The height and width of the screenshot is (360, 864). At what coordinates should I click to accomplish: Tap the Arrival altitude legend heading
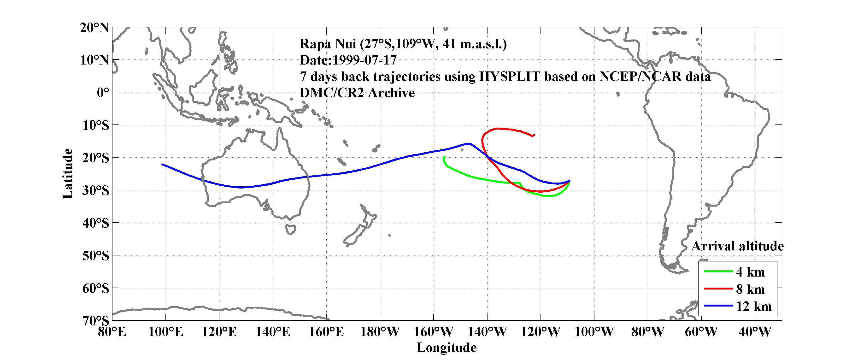coord(737,246)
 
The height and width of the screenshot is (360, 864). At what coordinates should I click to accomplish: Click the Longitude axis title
coord(447,348)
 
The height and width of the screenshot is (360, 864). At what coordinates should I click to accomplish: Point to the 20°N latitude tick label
coord(94,28)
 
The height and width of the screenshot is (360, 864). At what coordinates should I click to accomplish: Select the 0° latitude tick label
coord(103,92)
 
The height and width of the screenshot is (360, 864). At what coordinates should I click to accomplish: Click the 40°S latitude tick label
coord(96,223)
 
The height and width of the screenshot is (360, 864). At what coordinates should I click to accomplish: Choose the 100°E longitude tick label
coord(166,332)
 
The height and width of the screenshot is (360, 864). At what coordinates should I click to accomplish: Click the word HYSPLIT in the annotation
coord(509,77)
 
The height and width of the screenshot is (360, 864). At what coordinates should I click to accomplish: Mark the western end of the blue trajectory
coord(162,164)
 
